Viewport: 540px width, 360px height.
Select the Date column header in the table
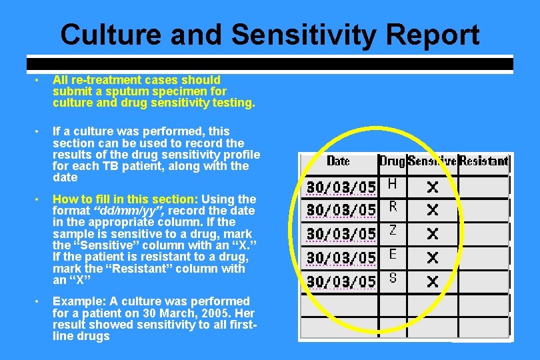pyautogui.click(x=338, y=161)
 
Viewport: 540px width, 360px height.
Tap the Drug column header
pyautogui.click(x=392, y=161)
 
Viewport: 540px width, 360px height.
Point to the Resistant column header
pyautogui.click(x=484, y=161)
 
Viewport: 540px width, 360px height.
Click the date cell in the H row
pyautogui.click(x=341, y=186)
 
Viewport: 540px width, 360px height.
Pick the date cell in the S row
pyautogui.click(x=341, y=282)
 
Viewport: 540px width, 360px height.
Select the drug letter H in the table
pyautogui.click(x=393, y=183)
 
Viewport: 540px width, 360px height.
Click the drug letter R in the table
pyautogui.click(x=393, y=207)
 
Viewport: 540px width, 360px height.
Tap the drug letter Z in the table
pyautogui.click(x=393, y=231)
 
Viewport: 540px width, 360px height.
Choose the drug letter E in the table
pyautogui.click(x=393, y=254)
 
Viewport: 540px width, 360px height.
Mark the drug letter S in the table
pyautogui.click(x=393, y=278)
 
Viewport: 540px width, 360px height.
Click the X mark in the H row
pyautogui.click(x=433, y=187)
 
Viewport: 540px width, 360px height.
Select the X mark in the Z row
pyautogui.click(x=433, y=234)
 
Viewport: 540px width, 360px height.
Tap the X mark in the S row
pyautogui.click(x=433, y=281)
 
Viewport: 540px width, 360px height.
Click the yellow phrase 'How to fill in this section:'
pyautogui.click(x=125, y=199)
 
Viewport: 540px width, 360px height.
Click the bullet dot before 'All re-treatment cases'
pyautogui.click(x=39, y=81)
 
